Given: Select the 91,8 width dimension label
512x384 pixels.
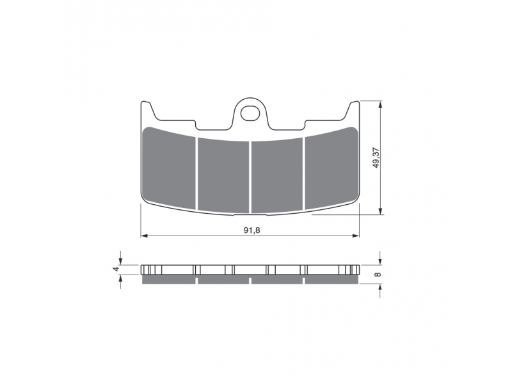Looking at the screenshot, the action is (x=252, y=230).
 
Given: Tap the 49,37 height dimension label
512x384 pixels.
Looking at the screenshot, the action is (x=376, y=157).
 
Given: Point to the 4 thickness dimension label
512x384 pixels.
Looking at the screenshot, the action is (x=116, y=269).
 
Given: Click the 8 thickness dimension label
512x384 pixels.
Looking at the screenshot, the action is (x=378, y=275).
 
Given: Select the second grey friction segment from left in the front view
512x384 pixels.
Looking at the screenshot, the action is (x=223, y=175).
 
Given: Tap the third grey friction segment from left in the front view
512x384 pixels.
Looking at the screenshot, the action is (x=277, y=175).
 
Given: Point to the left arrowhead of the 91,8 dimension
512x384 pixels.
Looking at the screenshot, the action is (x=145, y=236).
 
